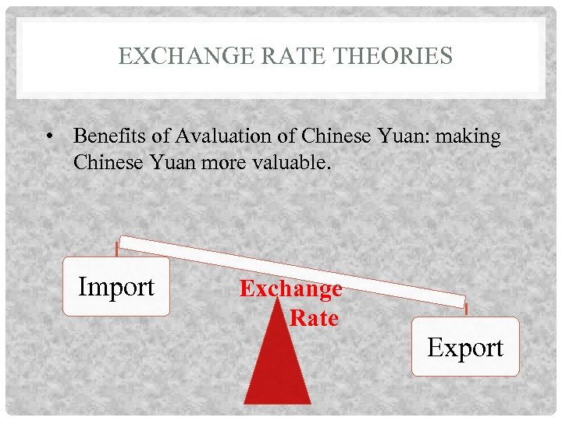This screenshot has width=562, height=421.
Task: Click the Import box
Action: pyautogui.click(x=116, y=286)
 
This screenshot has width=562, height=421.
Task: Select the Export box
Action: pyautogui.click(x=465, y=347)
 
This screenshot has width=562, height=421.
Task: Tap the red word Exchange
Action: pyautogui.click(x=290, y=288)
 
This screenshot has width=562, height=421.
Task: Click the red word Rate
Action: pyautogui.click(x=314, y=318)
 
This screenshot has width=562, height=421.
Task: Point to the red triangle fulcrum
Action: pyautogui.click(x=278, y=366)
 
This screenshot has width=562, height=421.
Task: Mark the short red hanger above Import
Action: pyautogui.click(x=117, y=249)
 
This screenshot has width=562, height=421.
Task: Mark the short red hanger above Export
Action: pyautogui.click(x=465, y=309)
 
